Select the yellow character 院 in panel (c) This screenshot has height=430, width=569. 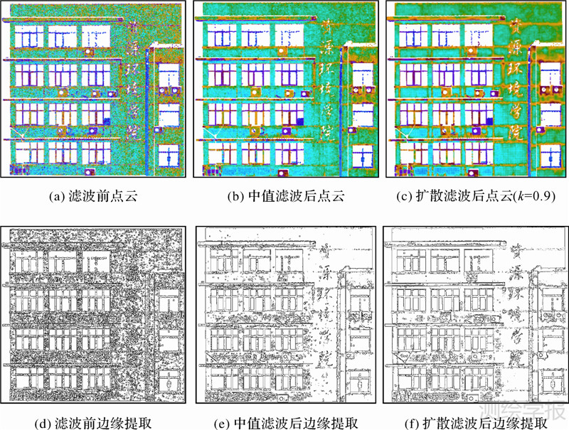[x=514, y=131]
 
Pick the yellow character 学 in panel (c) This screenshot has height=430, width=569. [x=514, y=110]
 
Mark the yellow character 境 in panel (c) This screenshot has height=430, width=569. [x=514, y=90]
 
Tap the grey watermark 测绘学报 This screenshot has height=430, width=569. [x=524, y=411]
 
